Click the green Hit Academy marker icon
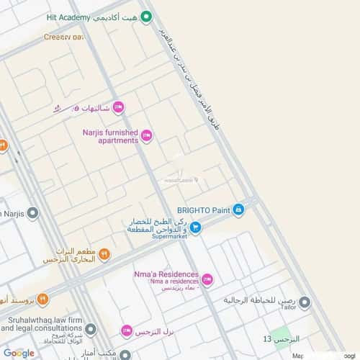coord(146,17)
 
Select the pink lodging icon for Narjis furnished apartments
coord(146,135)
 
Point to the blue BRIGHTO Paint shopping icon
coord(238,210)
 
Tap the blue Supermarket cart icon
coord(195,228)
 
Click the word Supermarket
coord(169,235)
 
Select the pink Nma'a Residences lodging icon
coord(207,280)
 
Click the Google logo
coord(18,353)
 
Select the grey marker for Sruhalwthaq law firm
coord(91,329)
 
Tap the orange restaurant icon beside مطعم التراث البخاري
coord(104,253)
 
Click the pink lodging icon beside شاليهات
coord(119,108)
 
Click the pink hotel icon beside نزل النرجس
coord(126,330)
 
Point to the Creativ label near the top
coord(63,36)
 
